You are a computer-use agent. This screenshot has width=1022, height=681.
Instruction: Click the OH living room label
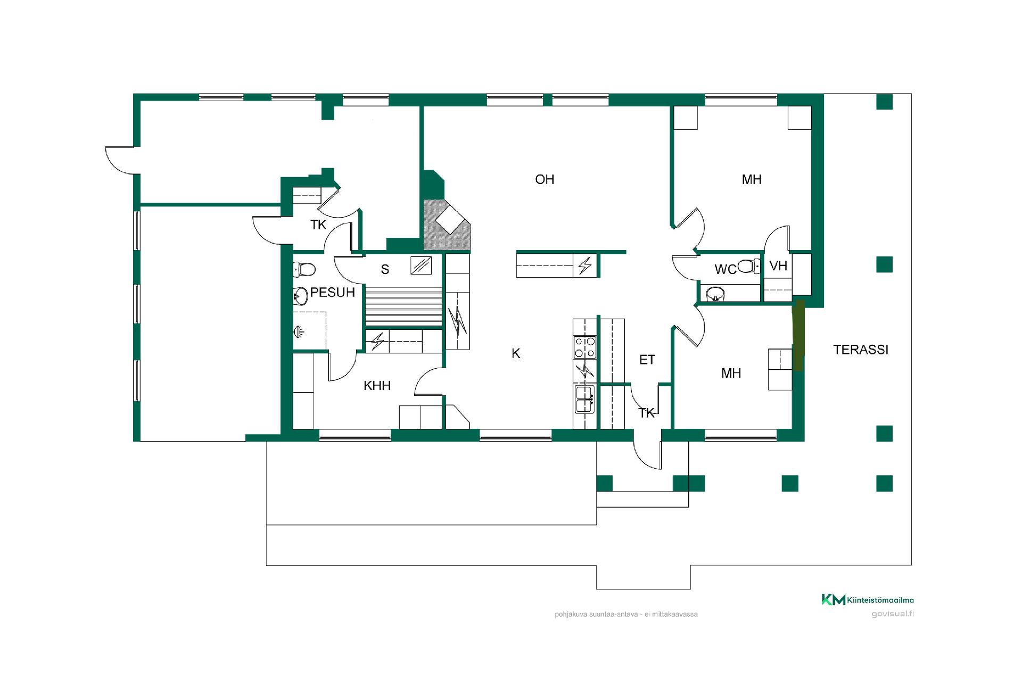click(x=545, y=179)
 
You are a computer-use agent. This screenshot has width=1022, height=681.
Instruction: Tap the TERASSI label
click(x=861, y=350)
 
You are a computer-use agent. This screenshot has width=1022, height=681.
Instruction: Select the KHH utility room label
click(x=377, y=385)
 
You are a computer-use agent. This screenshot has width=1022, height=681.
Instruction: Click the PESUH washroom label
click(x=332, y=292)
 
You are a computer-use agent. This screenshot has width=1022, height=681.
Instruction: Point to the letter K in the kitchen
click(x=516, y=353)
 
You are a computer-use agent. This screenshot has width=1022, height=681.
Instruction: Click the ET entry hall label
click(x=647, y=360)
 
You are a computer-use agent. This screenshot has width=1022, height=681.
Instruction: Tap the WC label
click(x=726, y=270)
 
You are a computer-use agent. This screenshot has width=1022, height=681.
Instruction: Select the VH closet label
click(x=778, y=265)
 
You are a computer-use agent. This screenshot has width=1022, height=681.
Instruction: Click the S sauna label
click(x=385, y=270)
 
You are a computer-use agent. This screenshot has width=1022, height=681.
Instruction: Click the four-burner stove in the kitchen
click(x=584, y=347)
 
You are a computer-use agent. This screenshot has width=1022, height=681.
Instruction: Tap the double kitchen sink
click(x=584, y=399)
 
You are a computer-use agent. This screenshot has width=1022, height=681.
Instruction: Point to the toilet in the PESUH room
click(x=304, y=269)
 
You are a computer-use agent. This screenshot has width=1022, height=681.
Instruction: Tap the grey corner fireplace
click(x=447, y=225)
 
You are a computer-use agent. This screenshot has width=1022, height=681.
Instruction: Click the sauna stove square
click(x=421, y=265)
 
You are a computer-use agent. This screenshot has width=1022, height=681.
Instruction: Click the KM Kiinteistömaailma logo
click(x=868, y=600)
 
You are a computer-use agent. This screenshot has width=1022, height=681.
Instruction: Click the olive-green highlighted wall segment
click(x=798, y=335)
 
